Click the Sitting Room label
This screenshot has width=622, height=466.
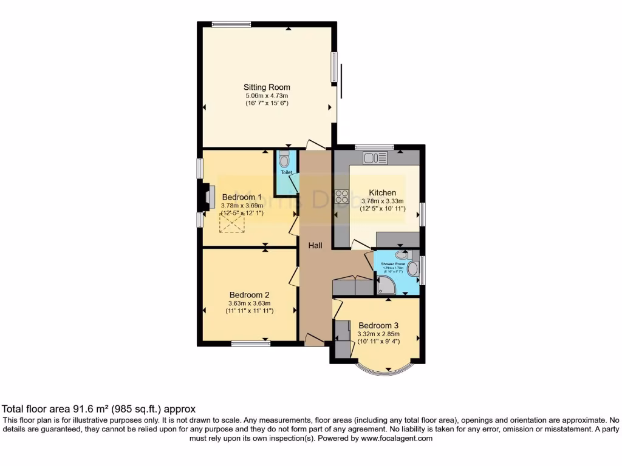pyautogui.click(x=267, y=87)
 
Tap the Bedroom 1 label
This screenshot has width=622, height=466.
pyautogui.click(x=242, y=197)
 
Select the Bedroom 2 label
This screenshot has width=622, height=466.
pyautogui.click(x=250, y=295)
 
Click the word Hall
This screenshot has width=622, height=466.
pyautogui.click(x=315, y=245)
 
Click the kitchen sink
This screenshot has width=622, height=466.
pyautogui.click(x=375, y=158)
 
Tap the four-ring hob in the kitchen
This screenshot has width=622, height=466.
pyautogui.click(x=341, y=197)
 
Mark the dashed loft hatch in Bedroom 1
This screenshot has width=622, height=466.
pyautogui.click(x=232, y=224)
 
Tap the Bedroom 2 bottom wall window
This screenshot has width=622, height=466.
pyautogui.click(x=251, y=344)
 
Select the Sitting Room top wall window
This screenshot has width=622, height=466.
pyautogui.click(x=231, y=24)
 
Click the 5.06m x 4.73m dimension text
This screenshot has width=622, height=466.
pyautogui.click(x=266, y=96)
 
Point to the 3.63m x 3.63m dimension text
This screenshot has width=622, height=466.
pyautogui.click(x=249, y=303)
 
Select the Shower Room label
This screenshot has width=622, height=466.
pyautogui.click(x=393, y=265)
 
